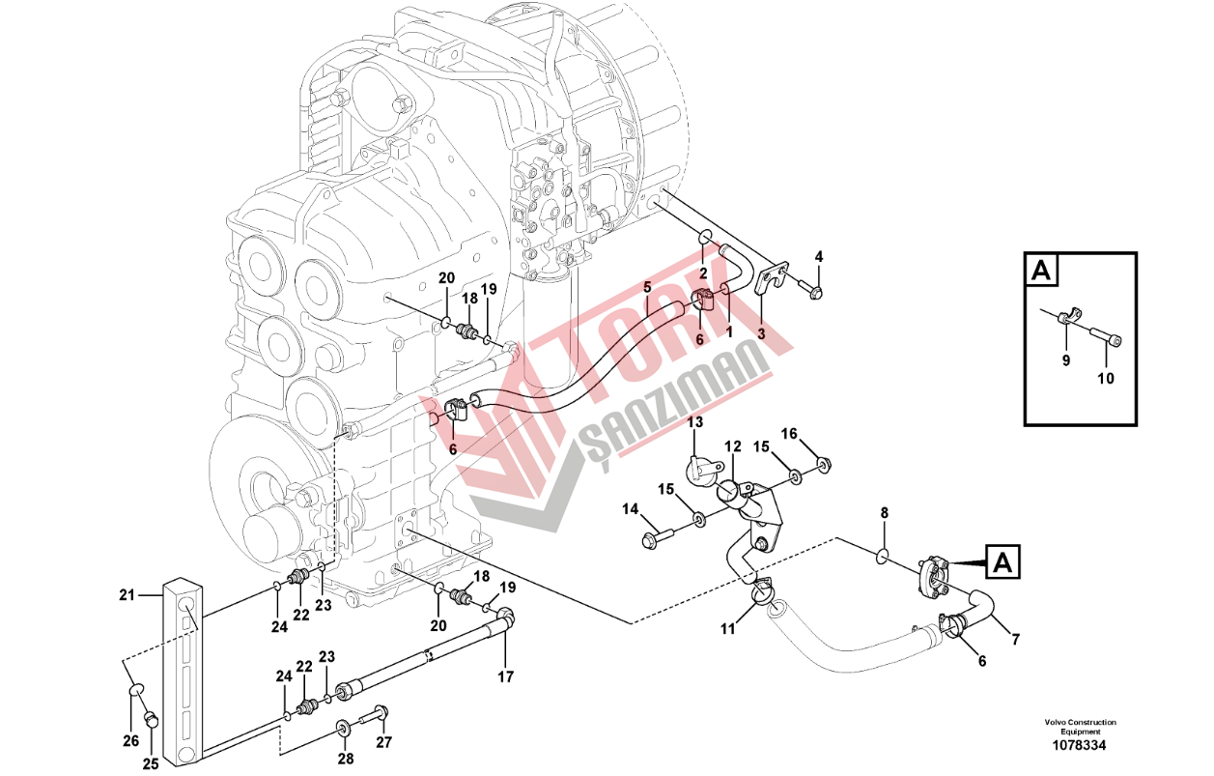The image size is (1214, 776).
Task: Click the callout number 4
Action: (x=818, y=256)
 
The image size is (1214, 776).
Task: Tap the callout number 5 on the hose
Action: (x=647, y=287)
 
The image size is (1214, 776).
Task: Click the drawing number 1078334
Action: (x=1079, y=745)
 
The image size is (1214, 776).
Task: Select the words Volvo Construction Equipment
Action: (x=1080, y=727)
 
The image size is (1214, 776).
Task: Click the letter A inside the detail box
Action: (x=1040, y=270)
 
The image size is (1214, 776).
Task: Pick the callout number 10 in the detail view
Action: (x=1106, y=378)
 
